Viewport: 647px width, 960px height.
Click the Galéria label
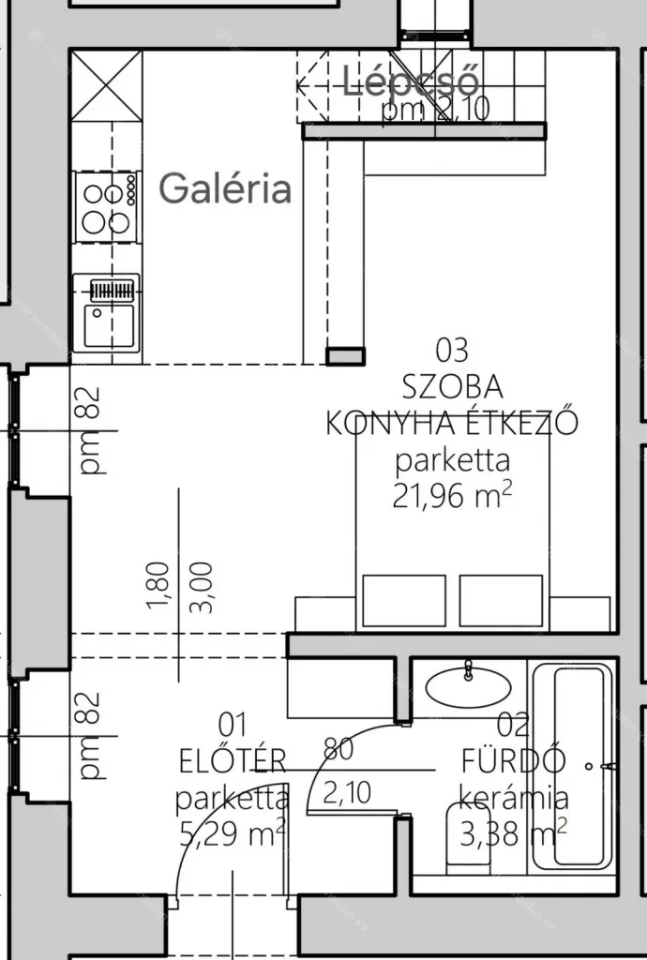click(x=225, y=187)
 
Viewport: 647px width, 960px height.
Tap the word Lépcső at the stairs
click(x=410, y=82)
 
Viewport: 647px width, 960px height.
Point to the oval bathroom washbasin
click(x=468, y=687)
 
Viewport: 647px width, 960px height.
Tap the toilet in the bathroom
click(x=468, y=839)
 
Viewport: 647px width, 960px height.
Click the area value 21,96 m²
click(x=452, y=495)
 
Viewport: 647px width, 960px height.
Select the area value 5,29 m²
click(x=233, y=833)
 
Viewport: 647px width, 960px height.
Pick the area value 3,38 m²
click(x=513, y=833)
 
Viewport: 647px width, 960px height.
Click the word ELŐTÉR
click(x=233, y=761)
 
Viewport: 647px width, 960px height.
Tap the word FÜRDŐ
click(x=513, y=761)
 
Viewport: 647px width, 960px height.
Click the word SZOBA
click(x=452, y=387)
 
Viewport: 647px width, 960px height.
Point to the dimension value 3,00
click(x=202, y=587)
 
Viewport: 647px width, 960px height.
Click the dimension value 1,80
click(x=158, y=586)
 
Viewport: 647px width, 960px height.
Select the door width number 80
click(x=339, y=748)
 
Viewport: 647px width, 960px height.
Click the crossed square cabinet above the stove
click(x=107, y=85)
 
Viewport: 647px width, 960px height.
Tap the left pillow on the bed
click(x=404, y=601)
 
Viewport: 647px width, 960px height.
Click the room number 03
click(x=452, y=351)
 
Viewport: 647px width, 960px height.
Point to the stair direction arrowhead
click(x=302, y=85)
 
